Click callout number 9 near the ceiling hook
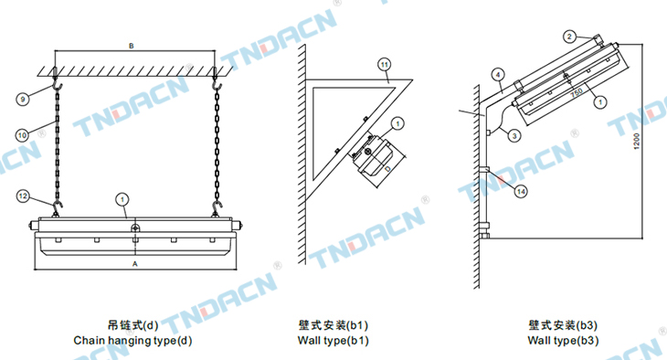click(x=23, y=100)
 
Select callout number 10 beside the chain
click(x=22, y=135)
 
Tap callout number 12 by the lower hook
click(x=23, y=196)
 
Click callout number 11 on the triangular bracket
click(x=384, y=65)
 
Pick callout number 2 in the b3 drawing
click(x=569, y=37)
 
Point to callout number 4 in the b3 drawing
click(x=498, y=75)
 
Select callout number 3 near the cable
click(x=514, y=136)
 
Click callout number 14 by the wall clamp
click(x=521, y=192)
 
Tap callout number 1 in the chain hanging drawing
click(x=122, y=199)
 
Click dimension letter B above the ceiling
click(x=132, y=46)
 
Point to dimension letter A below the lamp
click(x=135, y=264)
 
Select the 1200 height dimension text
click(x=637, y=142)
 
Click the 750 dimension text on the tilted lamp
click(x=577, y=93)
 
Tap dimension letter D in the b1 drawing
click(x=387, y=169)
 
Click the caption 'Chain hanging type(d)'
click(x=132, y=341)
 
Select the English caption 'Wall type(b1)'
click(x=333, y=341)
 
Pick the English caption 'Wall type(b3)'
click(x=563, y=341)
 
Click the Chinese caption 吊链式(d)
click(x=132, y=325)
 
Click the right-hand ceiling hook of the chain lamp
click(x=217, y=87)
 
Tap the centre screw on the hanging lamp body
click(x=135, y=228)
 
